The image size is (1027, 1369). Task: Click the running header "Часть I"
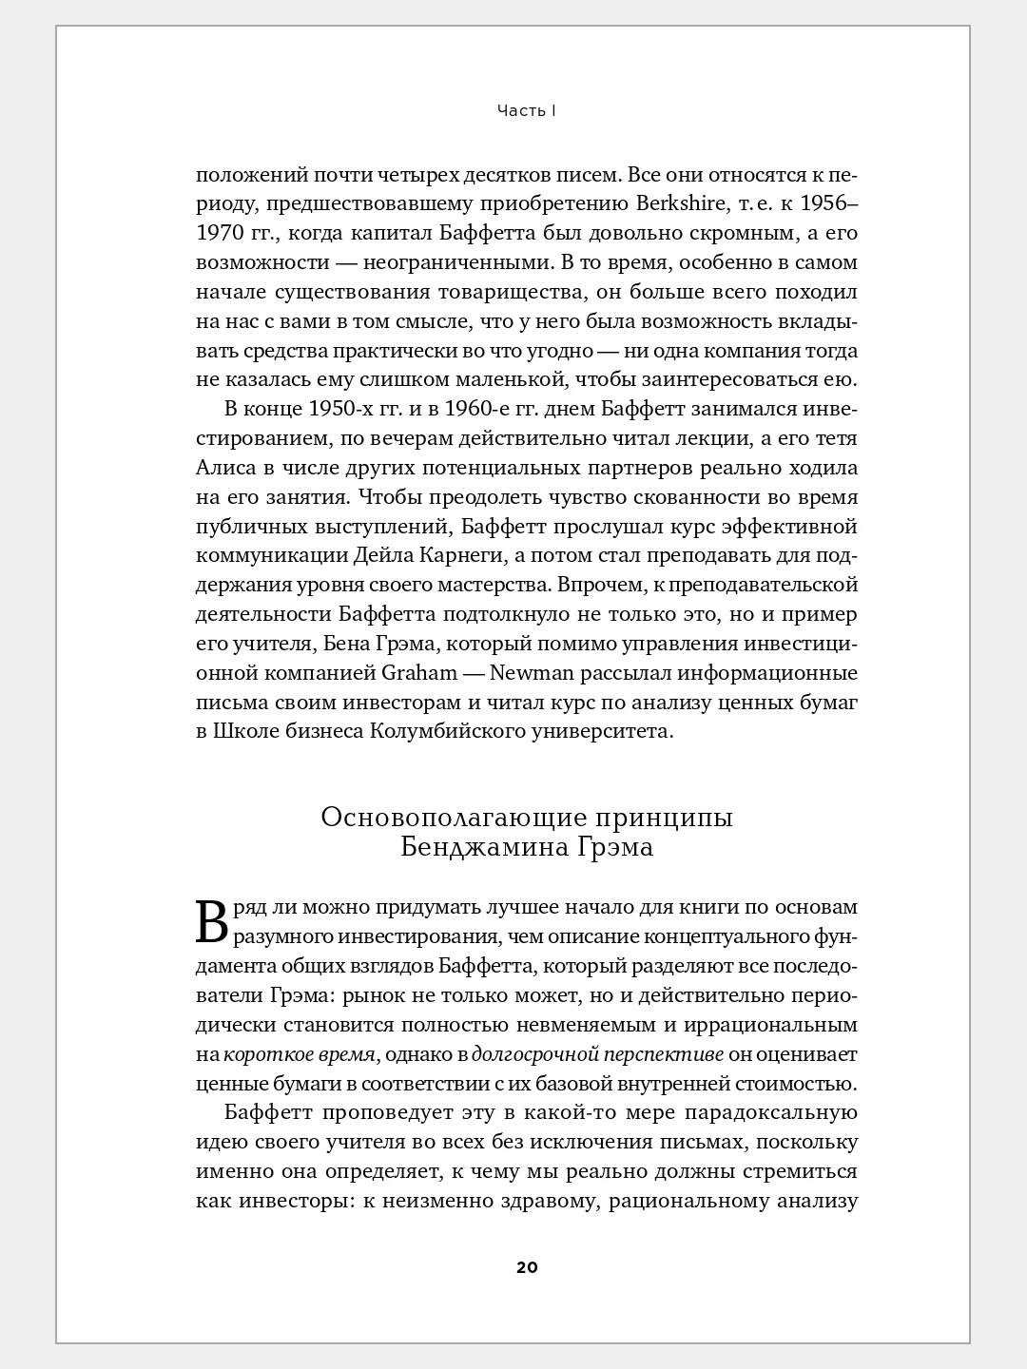click(x=526, y=111)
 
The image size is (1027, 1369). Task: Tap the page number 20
click(x=527, y=1267)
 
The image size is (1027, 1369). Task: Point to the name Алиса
click(x=226, y=468)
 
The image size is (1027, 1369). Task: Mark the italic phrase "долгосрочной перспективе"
click(x=598, y=1054)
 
